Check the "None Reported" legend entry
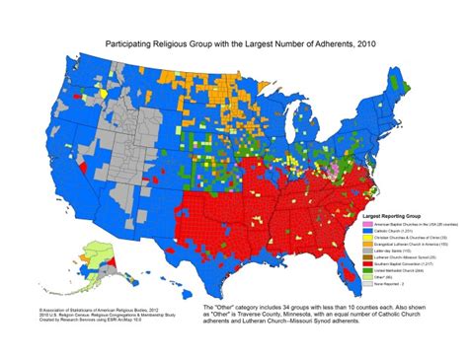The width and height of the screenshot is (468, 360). [x=390, y=286]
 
